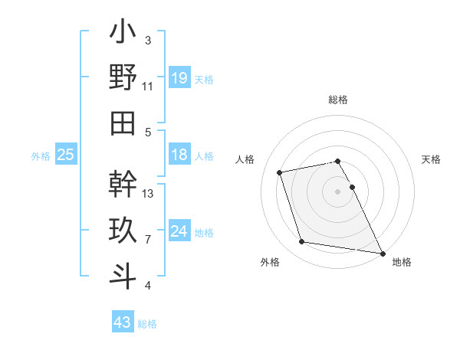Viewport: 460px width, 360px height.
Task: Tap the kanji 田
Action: pos(123,123)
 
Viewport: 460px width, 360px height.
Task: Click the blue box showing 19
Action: pos(179,77)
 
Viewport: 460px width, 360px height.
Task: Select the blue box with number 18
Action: pos(179,155)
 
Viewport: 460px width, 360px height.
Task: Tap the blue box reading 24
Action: pos(179,231)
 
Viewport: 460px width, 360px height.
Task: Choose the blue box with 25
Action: pos(66,155)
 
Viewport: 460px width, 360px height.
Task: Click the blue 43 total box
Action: pos(122,322)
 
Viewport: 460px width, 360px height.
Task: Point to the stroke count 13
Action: pos(148,193)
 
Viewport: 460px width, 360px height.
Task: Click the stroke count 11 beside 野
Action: pos(147,86)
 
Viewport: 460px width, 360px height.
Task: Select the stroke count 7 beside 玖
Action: pos(147,240)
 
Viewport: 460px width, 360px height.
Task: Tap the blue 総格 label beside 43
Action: pos(147,324)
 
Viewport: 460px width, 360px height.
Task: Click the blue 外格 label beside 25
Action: pos(41,156)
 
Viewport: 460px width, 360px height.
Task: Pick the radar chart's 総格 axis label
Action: pos(338,100)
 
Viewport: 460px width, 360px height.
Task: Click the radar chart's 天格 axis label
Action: pos(431,159)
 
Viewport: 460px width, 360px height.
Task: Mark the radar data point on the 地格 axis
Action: pos(381,252)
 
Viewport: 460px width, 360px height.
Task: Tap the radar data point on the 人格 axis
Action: pos(280,172)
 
